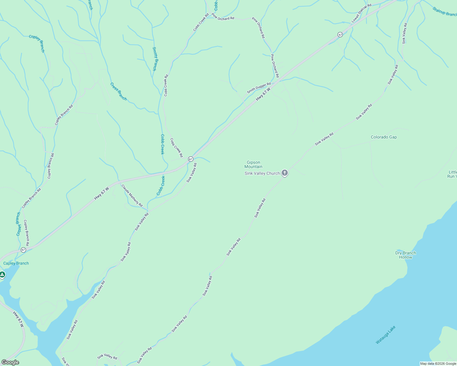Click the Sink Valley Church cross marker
click(284, 173)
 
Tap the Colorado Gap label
click(384, 137)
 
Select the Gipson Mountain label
click(253, 164)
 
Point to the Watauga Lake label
click(386, 335)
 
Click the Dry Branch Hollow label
click(405, 255)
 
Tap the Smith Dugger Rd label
click(259, 88)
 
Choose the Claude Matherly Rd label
click(132, 196)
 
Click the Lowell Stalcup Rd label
click(361, 13)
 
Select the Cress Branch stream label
click(119, 91)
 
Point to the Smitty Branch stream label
click(155, 59)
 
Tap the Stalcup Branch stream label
click(444, 12)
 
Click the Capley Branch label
click(16, 263)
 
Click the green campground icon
click(2, 275)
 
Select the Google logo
click(10, 362)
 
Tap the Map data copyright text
click(438, 364)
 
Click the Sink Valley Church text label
click(262, 173)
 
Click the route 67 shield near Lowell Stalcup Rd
click(340, 35)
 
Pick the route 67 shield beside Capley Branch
click(23, 250)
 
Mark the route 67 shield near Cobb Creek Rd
click(191, 159)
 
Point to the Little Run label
click(452, 174)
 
